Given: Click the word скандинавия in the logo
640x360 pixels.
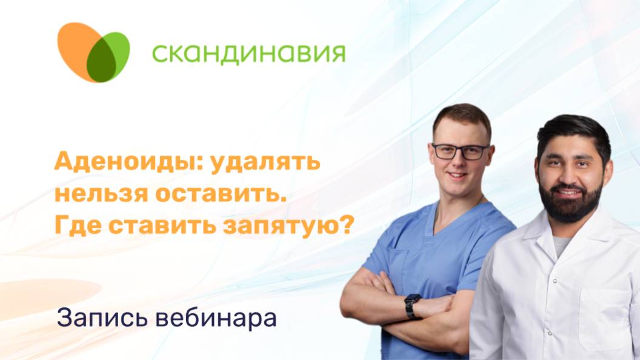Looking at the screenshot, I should tap(248, 53).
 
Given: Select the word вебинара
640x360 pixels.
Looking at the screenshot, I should tap(212, 317).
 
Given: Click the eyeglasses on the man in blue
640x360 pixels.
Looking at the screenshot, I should tap(460, 151).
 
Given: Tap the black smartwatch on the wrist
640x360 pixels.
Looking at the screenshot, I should tap(412, 306).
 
